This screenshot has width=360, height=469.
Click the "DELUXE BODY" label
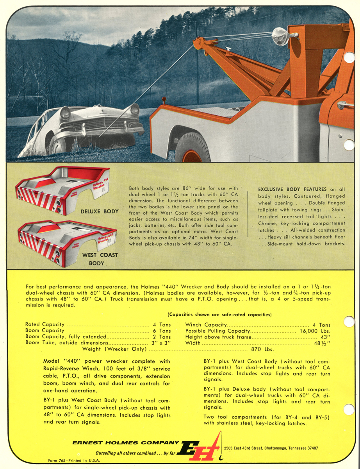(99, 211)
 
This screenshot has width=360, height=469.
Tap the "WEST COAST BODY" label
(100, 259)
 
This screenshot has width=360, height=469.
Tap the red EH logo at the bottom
(201, 449)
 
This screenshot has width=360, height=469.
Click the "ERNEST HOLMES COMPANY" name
(125, 443)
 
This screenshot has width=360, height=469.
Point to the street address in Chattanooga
(273, 448)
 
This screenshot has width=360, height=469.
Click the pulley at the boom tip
(198, 42)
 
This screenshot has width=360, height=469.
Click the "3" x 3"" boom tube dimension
(161, 343)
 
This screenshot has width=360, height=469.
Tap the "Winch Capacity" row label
(205, 324)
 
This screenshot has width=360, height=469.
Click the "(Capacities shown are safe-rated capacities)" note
(219, 315)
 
